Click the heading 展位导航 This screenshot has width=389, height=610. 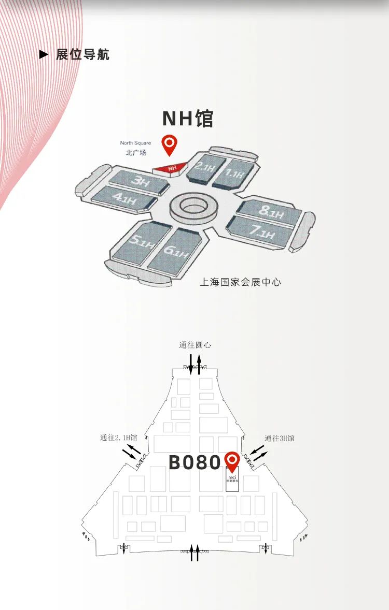[x=83, y=54]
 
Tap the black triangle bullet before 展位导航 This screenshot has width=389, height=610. [x=44, y=54]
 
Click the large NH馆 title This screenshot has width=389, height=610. [x=188, y=119]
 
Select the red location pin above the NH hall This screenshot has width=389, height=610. [x=169, y=144]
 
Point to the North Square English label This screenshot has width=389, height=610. [x=136, y=143]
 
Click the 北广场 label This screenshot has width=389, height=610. [x=136, y=152]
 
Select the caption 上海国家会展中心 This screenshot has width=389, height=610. [x=240, y=282]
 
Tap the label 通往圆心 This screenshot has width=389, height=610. [x=195, y=345]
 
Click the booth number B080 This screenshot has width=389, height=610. [x=195, y=462]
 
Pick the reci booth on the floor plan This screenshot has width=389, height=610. [x=232, y=479]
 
